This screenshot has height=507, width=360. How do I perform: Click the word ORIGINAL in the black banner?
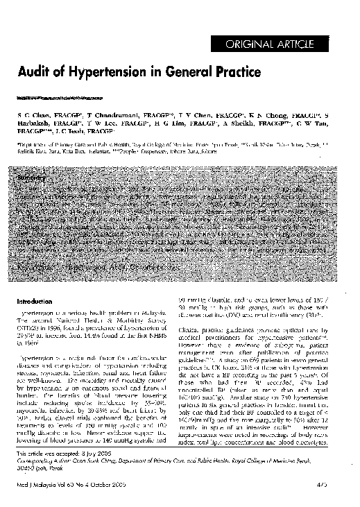(262, 46)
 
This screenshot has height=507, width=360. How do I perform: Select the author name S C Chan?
(29, 113)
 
